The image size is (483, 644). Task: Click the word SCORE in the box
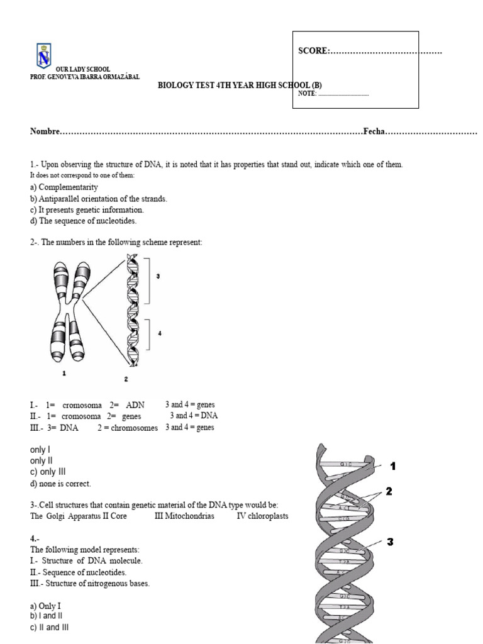pos(313,51)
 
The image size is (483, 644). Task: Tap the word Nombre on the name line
pos(43,132)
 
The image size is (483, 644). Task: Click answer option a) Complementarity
pos(64,187)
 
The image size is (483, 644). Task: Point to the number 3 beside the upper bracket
pos(158,275)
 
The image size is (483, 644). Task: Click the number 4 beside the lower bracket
pos(160,333)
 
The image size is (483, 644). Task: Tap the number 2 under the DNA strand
pos(126,379)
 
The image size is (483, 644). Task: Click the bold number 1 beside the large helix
pos(393,466)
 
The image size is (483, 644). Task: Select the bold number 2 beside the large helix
pos(389,492)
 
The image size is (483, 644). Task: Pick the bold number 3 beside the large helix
pos(390,541)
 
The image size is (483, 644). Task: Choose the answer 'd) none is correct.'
pos(60,484)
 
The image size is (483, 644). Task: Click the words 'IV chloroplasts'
pos(262,516)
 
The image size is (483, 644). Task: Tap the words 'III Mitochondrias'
pos(184,516)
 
